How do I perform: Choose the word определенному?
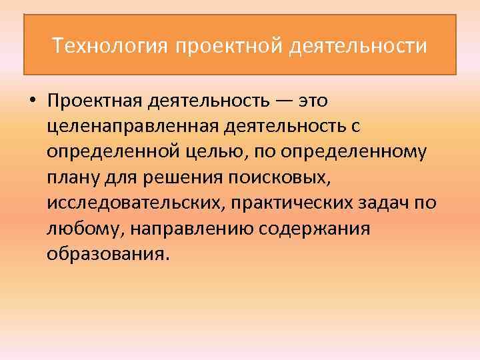click(353, 152)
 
